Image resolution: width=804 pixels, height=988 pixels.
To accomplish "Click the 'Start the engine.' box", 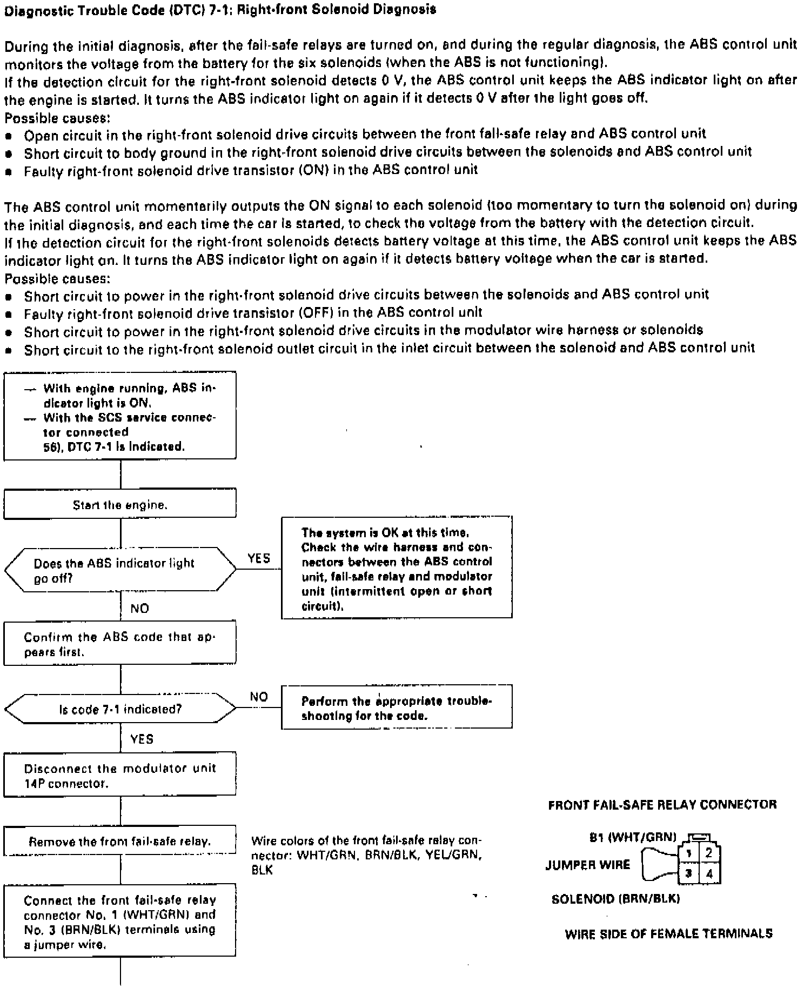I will tap(120, 505).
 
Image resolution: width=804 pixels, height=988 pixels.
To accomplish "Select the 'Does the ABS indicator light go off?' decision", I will tap(120, 570).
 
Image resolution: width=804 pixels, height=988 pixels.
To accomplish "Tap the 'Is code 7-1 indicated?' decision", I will tap(120, 709).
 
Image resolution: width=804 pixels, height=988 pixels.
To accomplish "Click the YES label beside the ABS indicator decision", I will tap(259, 558).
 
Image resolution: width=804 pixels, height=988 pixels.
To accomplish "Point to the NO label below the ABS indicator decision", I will tap(139, 609).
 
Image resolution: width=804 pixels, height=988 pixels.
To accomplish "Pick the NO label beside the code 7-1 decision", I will tap(259, 697).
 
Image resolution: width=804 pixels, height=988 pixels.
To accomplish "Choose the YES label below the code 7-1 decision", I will tap(142, 739).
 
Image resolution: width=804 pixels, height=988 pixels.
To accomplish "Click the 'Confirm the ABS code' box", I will tap(120, 644).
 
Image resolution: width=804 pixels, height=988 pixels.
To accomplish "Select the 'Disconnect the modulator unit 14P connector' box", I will tap(120, 775).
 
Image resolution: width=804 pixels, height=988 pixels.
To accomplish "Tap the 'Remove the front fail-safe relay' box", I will tap(120, 841).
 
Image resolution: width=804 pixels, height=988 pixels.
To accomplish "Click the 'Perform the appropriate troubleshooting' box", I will tap(397, 708).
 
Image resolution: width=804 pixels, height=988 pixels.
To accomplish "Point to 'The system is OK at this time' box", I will tap(397, 568).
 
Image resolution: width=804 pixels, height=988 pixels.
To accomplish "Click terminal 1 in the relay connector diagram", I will tap(688, 853).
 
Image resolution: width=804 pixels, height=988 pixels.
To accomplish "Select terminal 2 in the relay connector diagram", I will tap(709, 853).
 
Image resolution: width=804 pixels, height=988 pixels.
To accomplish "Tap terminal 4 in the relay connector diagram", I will tap(709, 873).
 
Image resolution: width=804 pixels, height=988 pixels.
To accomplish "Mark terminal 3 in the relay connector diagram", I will tap(688, 873).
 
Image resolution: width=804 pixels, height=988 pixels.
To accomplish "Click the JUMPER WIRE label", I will tap(588, 864).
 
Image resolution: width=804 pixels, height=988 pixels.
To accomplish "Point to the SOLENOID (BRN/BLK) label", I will tap(615, 899).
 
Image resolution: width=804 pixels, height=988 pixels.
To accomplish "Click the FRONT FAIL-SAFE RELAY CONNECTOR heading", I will tap(662, 805).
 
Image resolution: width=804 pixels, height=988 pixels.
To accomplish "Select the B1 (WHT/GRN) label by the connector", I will tap(633, 837).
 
